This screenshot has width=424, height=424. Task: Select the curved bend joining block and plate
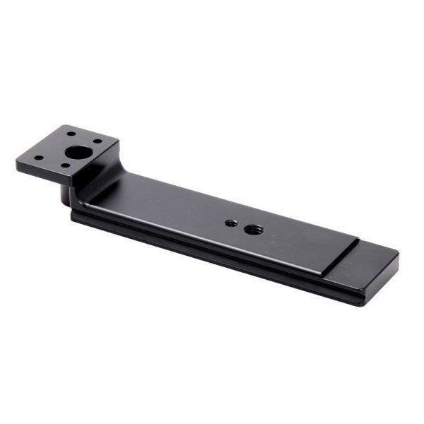click(x=95, y=177)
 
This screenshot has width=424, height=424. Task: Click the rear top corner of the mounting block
click(x=69, y=126)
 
